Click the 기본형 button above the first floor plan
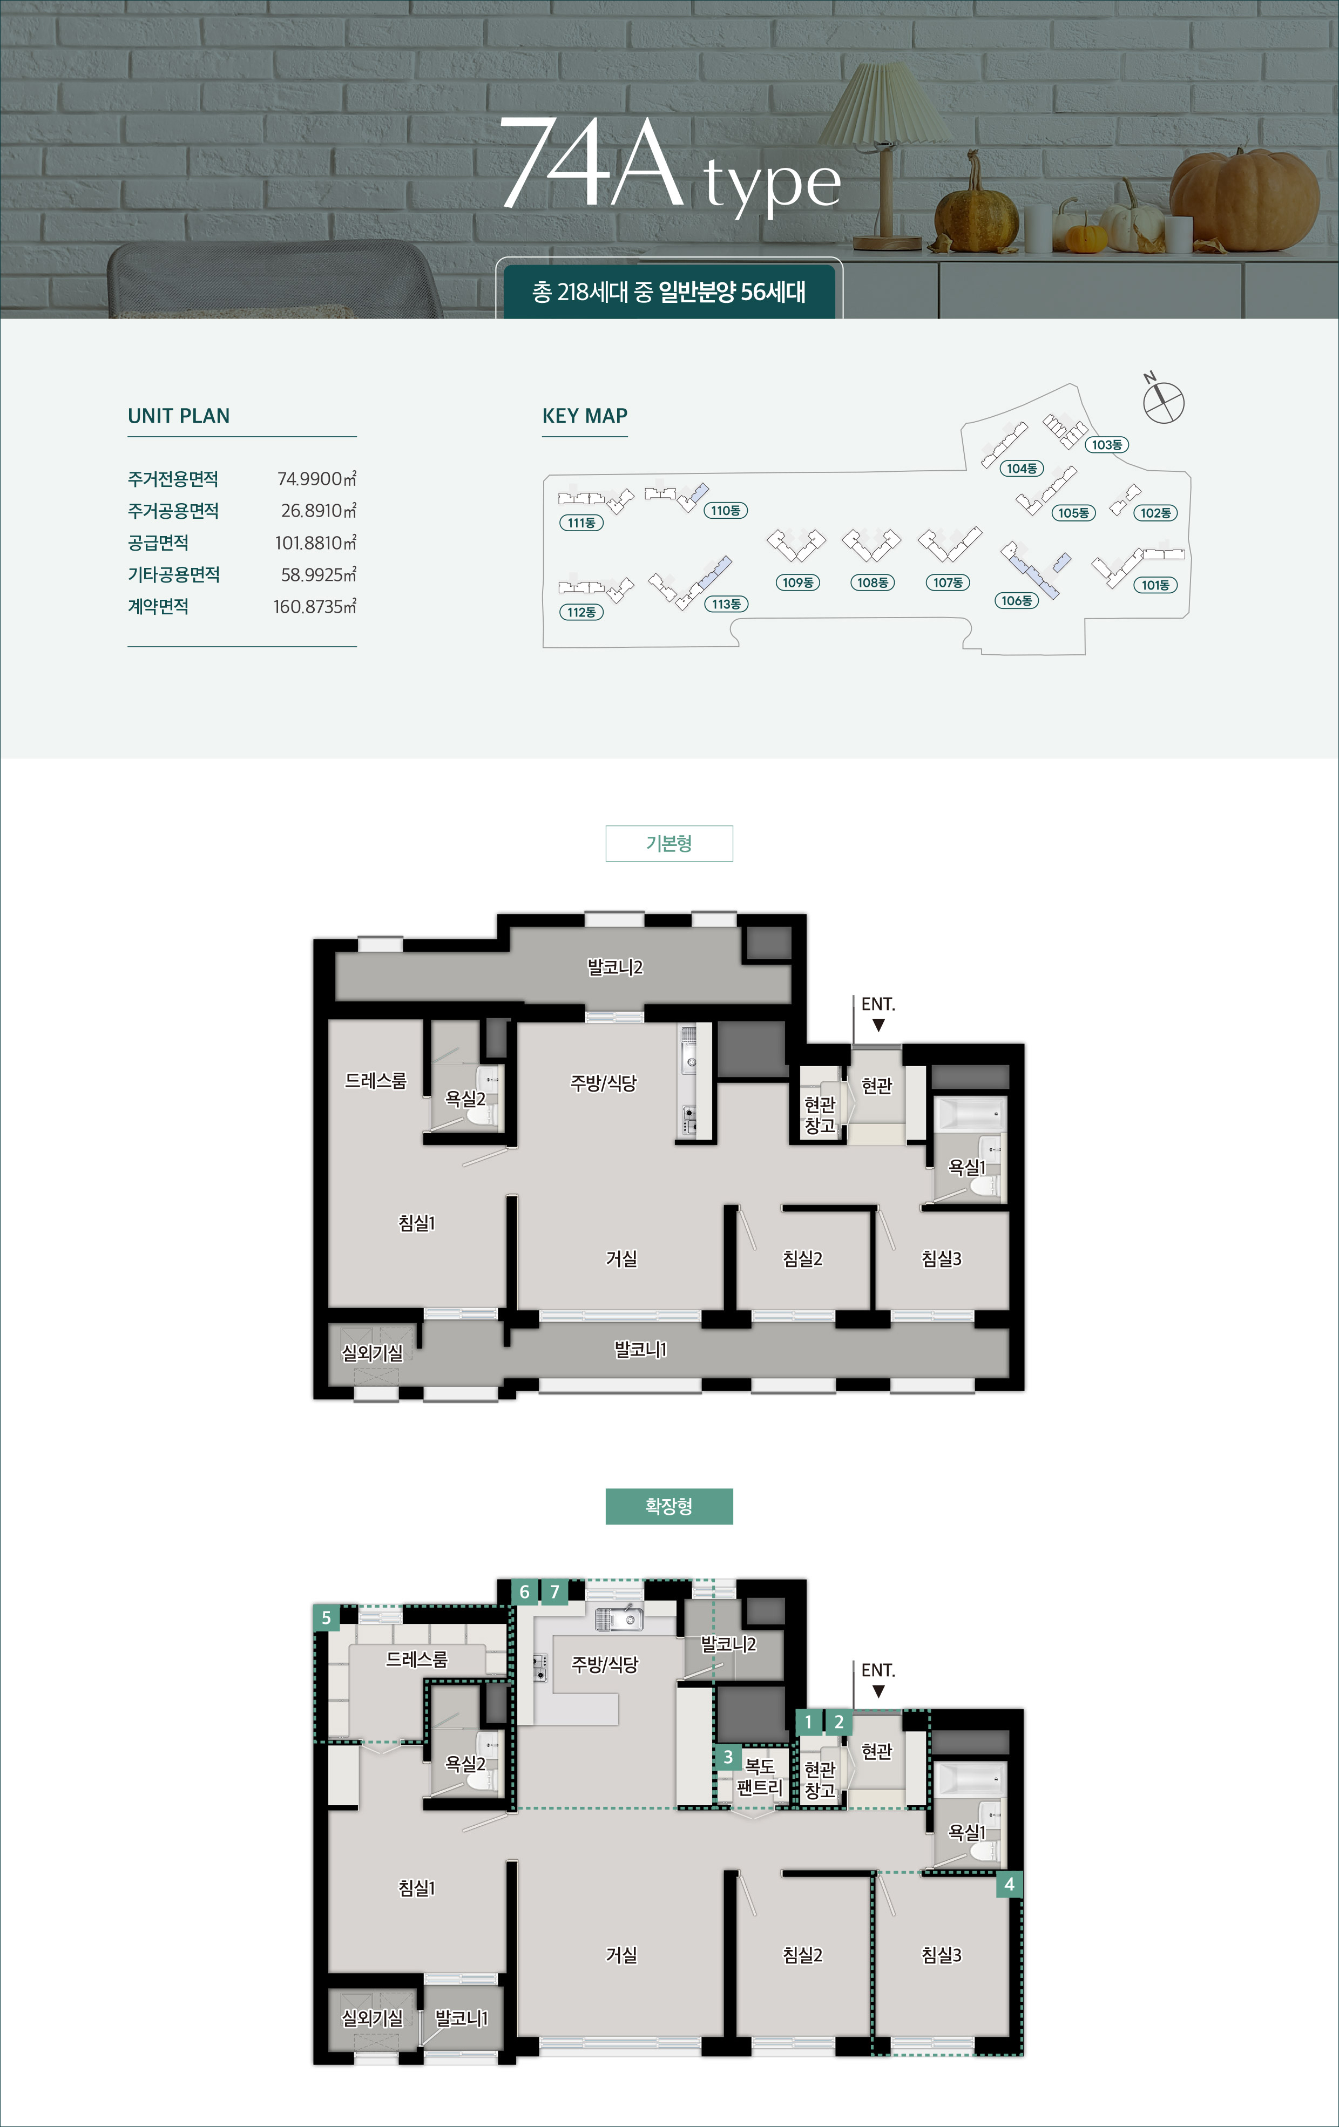(668, 844)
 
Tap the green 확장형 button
(668, 1506)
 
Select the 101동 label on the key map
(1155, 585)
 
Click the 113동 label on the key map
(726, 604)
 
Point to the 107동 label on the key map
(948, 583)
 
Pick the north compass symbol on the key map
(1162, 399)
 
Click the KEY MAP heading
(585, 416)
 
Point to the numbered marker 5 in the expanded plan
(326, 1617)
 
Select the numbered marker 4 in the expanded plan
(1010, 1884)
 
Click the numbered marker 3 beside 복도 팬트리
(728, 1757)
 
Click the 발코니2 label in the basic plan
(615, 967)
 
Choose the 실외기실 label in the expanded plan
(372, 2017)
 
